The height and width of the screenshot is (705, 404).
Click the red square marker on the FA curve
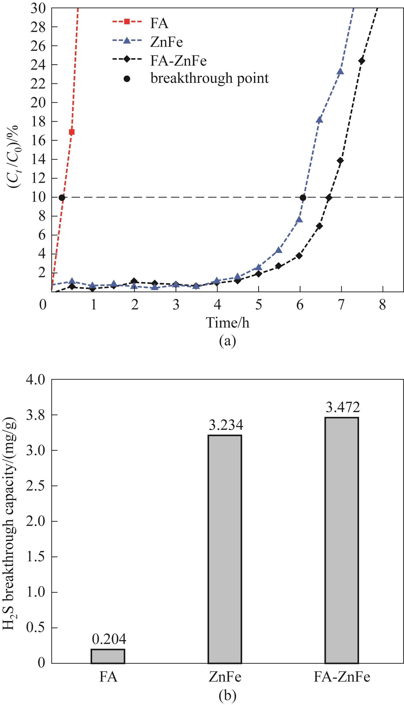(72, 132)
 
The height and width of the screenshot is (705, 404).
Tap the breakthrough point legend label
(210, 78)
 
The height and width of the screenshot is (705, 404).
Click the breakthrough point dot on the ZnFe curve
(303, 197)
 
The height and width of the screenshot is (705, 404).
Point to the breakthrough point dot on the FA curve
(62, 197)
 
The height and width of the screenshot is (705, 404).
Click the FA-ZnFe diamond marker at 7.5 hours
(362, 61)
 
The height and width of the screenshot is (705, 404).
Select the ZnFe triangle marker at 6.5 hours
(319, 120)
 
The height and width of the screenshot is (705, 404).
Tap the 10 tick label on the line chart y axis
(38, 197)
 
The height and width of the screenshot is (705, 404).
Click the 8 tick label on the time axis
(382, 305)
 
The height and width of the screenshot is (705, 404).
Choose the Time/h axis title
(227, 322)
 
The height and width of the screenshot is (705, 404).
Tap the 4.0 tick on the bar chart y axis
(35, 380)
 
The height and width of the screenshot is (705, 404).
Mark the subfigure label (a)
(227, 341)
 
